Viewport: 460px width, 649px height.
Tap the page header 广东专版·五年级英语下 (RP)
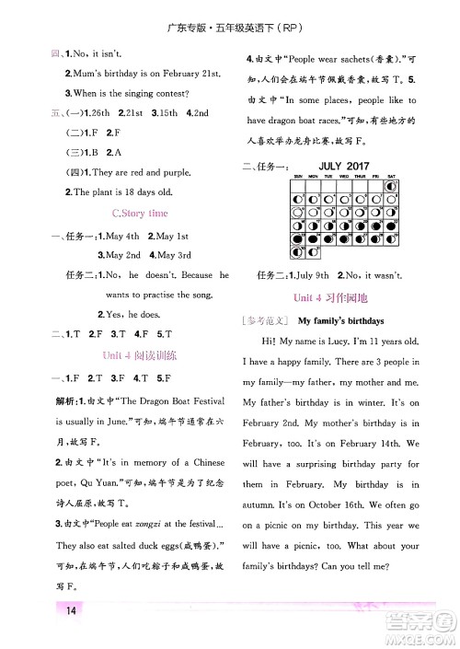(x=231, y=11)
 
